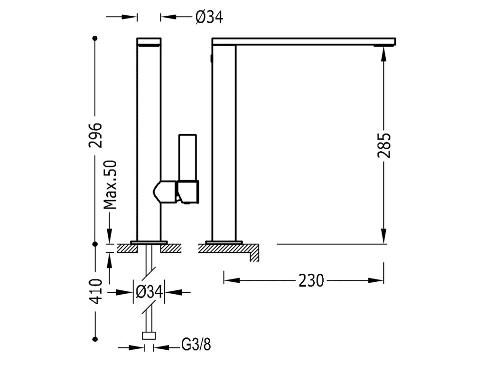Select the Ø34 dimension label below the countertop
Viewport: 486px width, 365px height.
149,291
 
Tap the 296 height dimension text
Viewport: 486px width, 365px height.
96,135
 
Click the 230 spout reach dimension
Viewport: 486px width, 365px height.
311,280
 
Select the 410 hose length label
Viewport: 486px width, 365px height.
96,291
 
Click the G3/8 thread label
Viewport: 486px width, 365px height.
196,345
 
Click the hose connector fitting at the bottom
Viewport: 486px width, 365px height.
149,336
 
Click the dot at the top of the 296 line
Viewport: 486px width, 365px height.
96,38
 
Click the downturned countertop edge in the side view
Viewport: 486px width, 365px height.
254,254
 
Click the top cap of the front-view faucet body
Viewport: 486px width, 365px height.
149,41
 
